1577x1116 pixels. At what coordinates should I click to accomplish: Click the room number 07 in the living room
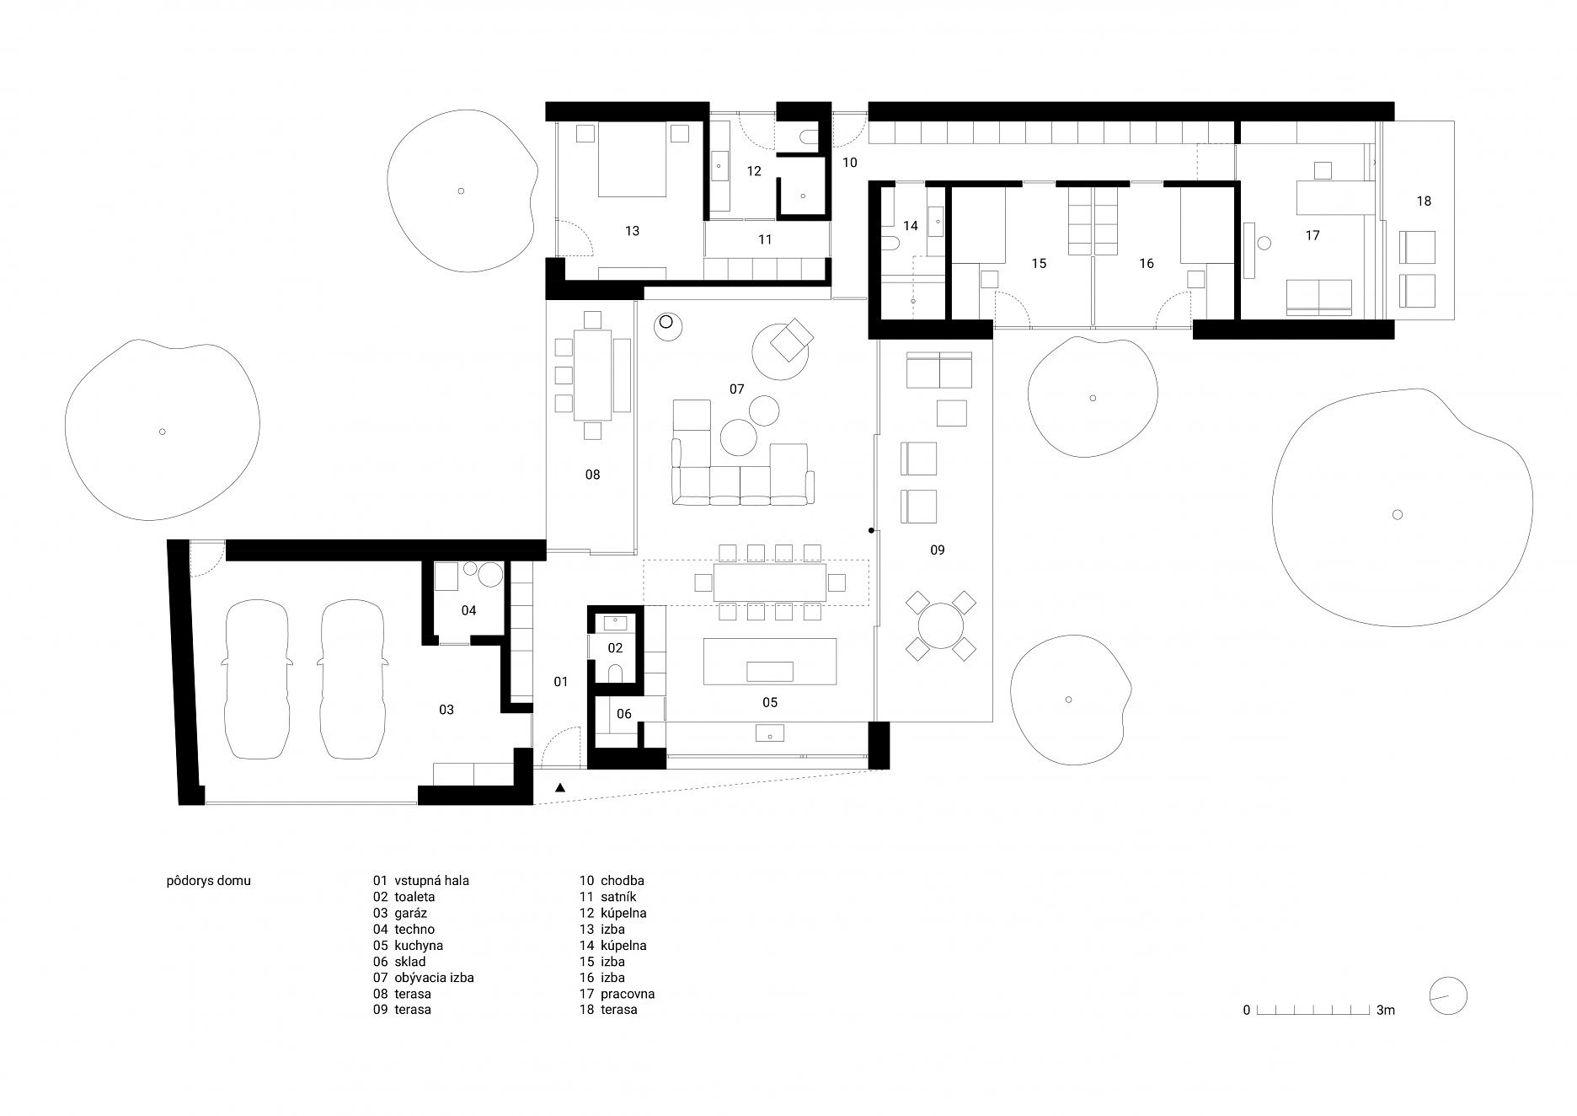(737, 389)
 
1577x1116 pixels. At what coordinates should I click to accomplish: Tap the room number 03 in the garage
(446, 710)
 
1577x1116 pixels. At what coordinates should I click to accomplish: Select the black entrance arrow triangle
(561, 788)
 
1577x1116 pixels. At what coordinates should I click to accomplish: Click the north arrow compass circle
(1448, 995)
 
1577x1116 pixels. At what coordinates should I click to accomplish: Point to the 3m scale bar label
(1386, 1010)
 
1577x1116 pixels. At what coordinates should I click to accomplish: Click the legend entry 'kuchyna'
(419, 946)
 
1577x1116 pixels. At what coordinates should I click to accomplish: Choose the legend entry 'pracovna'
(628, 994)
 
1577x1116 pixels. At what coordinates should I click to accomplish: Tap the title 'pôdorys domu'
(209, 882)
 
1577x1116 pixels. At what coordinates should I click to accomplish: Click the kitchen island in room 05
(770, 662)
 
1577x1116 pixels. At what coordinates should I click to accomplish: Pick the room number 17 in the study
(1312, 236)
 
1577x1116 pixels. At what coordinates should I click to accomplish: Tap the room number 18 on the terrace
(1424, 201)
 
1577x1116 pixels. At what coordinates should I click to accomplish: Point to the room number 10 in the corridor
(849, 162)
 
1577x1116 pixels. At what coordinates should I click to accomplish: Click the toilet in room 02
(615, 672)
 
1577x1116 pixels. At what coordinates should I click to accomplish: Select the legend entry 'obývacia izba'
(434, 978)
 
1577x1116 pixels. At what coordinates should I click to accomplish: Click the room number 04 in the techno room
(468, 610)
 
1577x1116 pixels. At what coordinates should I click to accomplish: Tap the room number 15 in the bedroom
(1039, 264)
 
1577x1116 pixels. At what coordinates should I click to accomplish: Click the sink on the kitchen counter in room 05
(770, 732)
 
